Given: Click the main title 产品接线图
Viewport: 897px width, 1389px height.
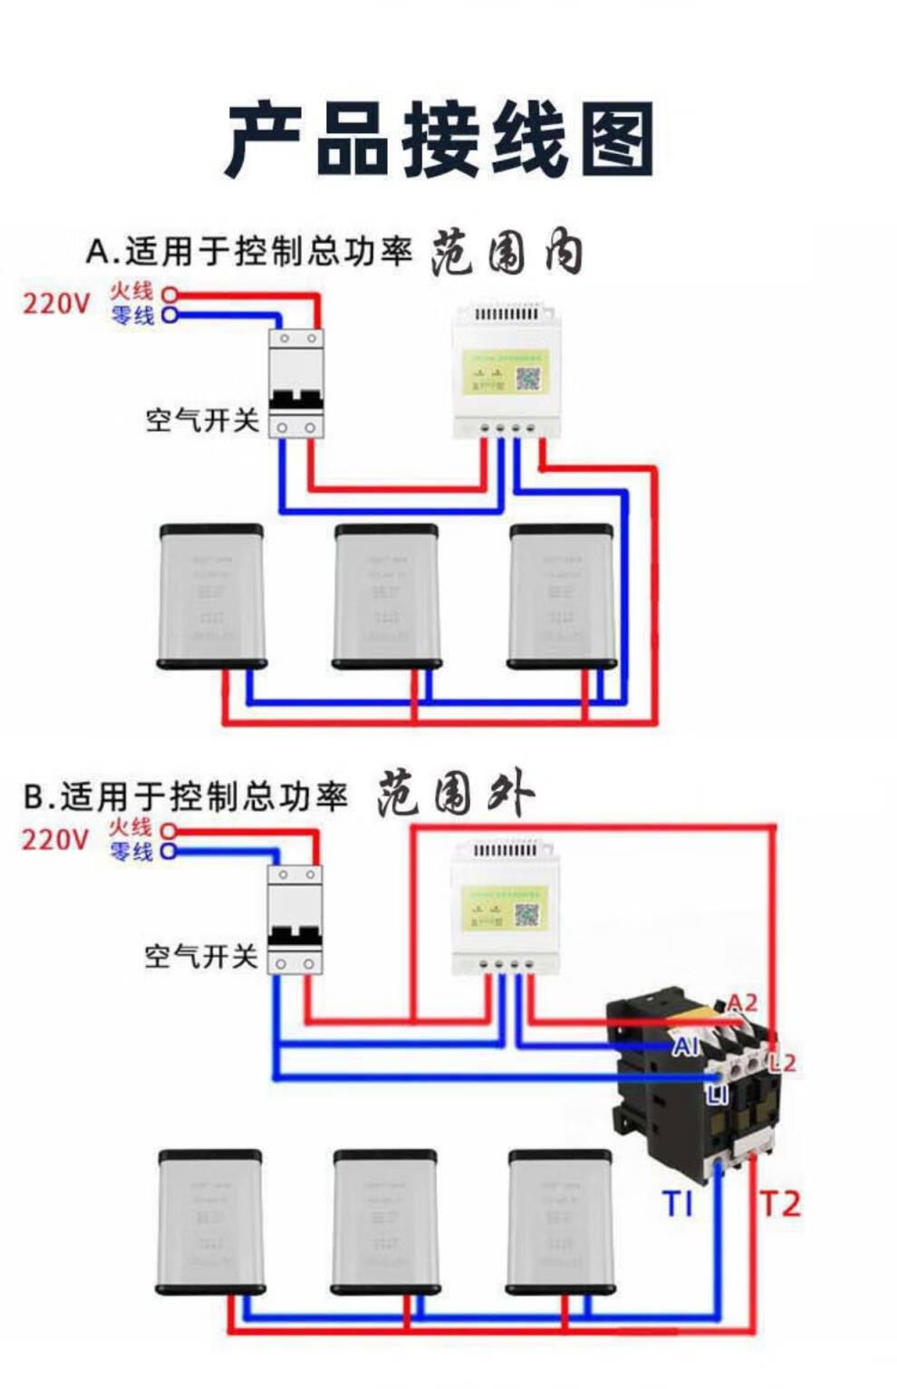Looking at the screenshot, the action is point(440,140).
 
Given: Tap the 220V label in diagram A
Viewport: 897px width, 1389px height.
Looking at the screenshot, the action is point(56,303).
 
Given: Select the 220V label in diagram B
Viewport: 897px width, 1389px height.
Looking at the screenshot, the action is point(55,839).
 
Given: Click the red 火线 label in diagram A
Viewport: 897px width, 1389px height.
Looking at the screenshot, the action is point(132,292).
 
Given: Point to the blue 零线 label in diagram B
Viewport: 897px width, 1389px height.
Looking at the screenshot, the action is point(131,852).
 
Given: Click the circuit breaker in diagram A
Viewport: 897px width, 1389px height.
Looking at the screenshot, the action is point(296,383).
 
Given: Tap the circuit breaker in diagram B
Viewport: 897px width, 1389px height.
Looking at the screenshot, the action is point(294,920).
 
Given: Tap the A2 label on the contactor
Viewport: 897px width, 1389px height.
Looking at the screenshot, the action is point(741,1003).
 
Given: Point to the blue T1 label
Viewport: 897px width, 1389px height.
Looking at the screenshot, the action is point(678,1204).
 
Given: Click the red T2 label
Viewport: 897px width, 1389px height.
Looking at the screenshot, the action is point(779,1204).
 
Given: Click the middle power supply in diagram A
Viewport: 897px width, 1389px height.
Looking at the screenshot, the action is point(387,596).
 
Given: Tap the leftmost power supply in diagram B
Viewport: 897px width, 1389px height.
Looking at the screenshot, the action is point(210,1221).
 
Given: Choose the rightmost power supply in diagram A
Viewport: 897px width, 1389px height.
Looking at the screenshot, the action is point(562,596).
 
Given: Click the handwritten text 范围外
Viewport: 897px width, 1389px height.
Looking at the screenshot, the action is point(455,795).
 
